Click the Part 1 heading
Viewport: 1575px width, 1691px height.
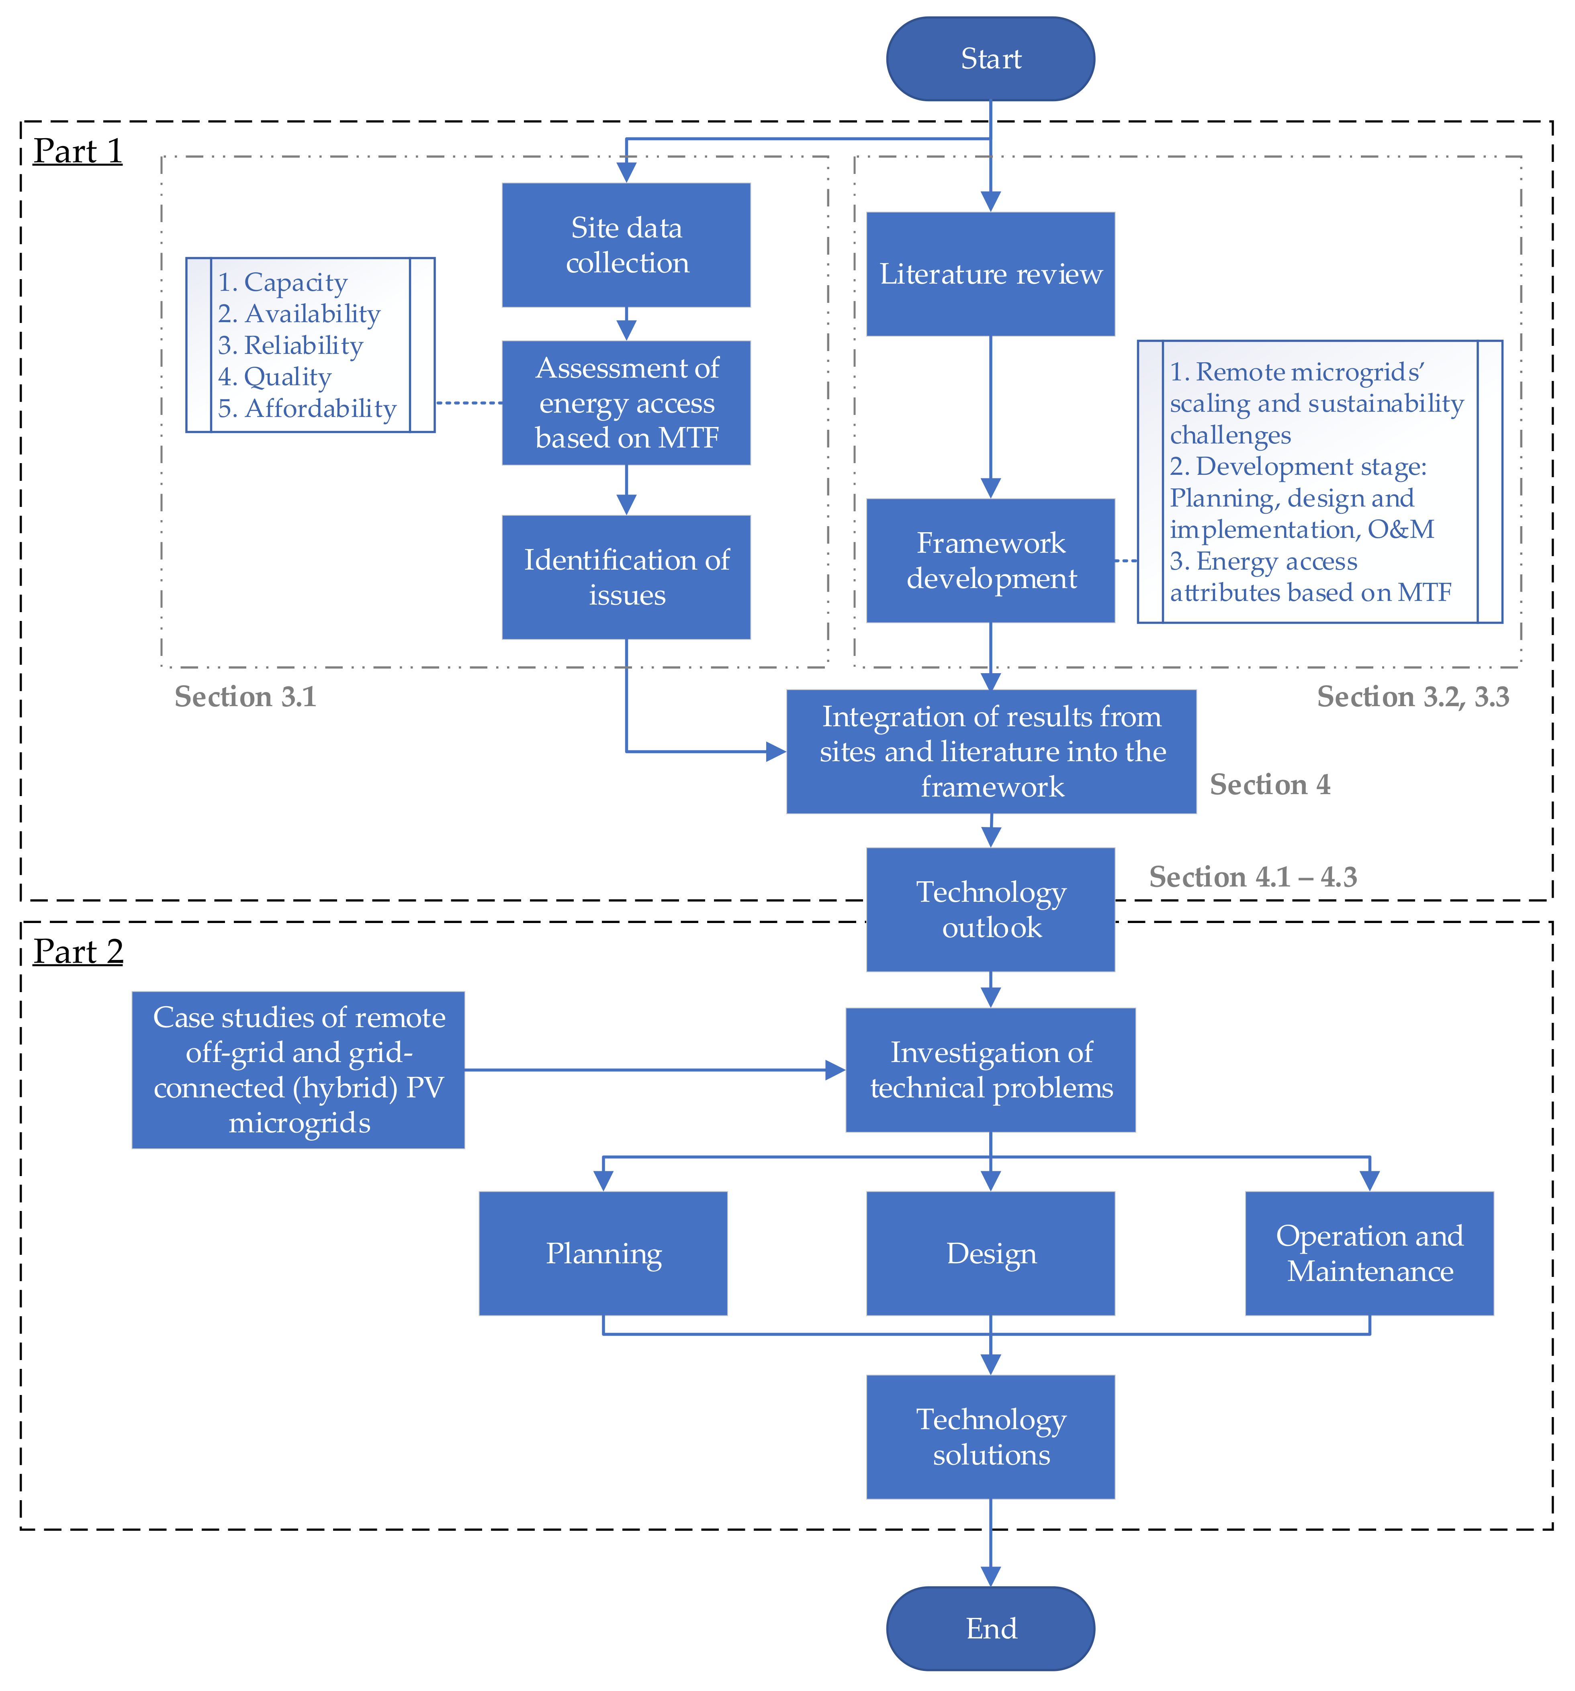(x=78, y=151)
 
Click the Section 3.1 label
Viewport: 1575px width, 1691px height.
(x=245, y=696)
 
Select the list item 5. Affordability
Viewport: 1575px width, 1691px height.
(x=306, y=408)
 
